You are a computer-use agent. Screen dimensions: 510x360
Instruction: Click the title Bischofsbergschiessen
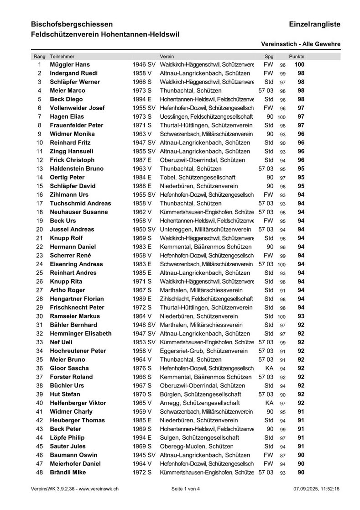[72, 24]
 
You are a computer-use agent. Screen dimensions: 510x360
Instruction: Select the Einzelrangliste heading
[314, 24]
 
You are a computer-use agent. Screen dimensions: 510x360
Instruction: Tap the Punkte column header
[300, 56]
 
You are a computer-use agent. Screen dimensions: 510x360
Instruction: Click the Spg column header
[269, 56]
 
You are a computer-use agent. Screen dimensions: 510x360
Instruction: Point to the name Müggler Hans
[70, 65]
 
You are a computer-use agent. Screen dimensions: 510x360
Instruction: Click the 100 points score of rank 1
[299, 65]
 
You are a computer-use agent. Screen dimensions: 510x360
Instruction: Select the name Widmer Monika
[72, 134]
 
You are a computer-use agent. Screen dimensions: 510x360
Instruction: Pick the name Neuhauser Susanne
[78, 212]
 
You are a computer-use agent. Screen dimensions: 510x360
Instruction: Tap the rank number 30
[39, 316]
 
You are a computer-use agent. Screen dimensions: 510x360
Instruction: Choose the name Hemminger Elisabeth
[80, 334]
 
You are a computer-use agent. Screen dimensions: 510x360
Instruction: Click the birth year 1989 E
[142, 299]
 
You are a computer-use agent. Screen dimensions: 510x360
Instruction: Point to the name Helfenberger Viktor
[78, 403]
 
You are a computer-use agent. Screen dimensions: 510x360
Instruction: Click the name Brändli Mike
[68, 473]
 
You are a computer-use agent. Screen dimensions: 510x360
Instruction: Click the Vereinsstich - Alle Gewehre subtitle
[301, 44]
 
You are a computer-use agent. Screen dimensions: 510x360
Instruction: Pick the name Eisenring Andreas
[76, 264]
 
